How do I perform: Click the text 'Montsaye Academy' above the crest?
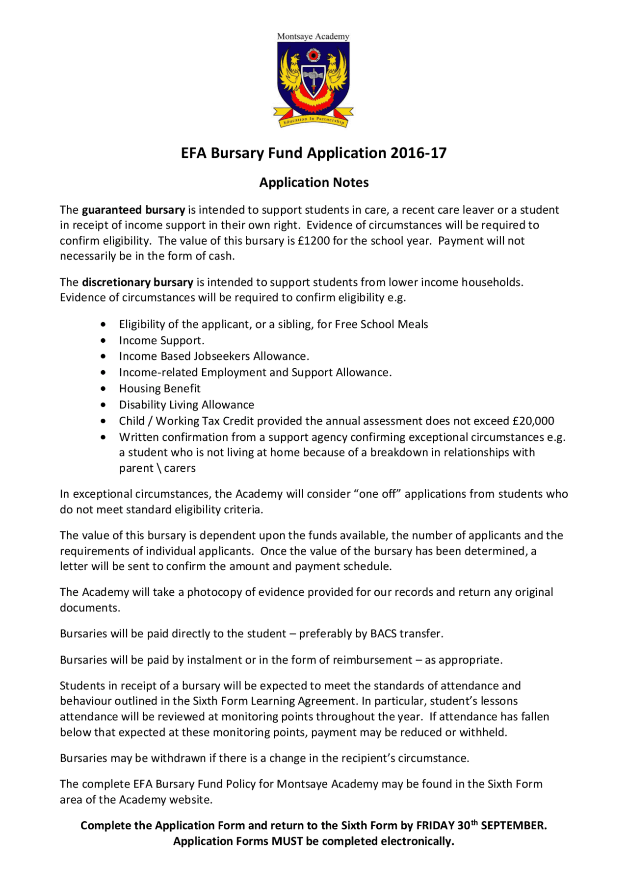(x=313, y=36)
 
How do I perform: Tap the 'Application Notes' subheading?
(x=314, y=182)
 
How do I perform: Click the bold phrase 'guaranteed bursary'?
(x=133, y=210)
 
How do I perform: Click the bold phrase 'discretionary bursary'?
(x=137, y=282)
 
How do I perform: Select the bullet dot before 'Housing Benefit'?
(x=103, y=389)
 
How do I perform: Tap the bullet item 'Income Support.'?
(x=161, y=341)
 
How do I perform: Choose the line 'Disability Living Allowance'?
(x=186, y=405)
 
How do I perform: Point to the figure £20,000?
(x=533, y=421)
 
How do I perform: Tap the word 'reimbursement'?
(x=372, y=660)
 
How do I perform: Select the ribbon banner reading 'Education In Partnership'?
(x=314, y=119)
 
